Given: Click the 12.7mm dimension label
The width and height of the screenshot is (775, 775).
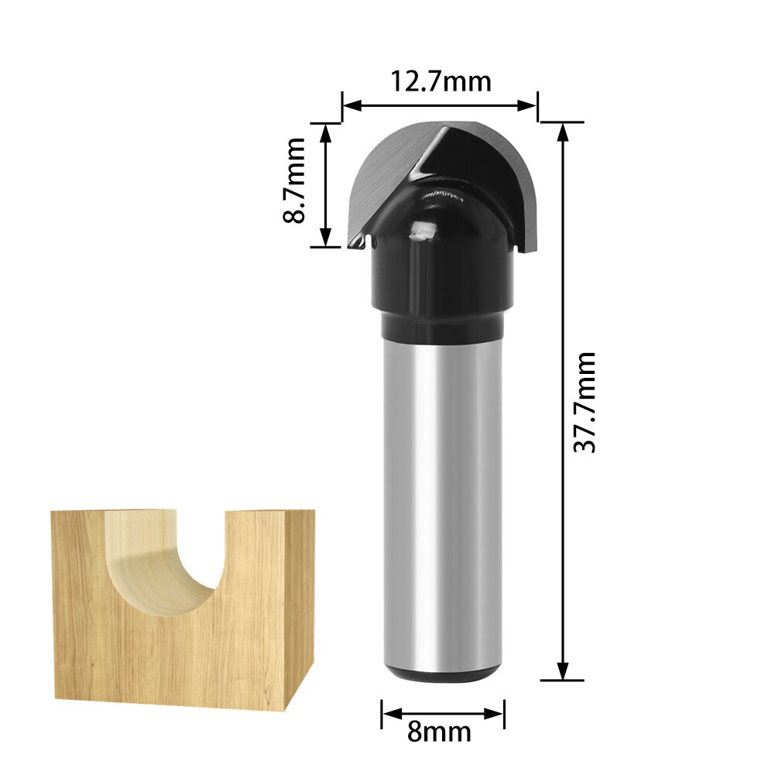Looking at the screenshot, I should (440, 81).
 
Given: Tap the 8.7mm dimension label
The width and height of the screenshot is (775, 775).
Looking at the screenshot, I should (294, 181).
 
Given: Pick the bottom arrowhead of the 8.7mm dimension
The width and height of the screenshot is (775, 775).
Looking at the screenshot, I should (325, 238).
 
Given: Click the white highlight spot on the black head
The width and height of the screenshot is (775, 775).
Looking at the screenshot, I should (423, 229).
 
